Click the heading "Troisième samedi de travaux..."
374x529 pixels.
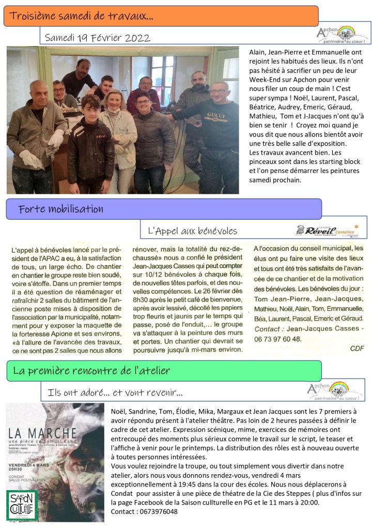[x=81, y=17]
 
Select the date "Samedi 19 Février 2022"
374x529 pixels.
[x=98, y=38]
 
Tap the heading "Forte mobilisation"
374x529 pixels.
[x=60, y=209]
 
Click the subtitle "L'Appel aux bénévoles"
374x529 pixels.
[x=192, y=231]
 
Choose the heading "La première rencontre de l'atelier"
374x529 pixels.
[x=91, y=370]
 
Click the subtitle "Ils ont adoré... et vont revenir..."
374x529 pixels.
[x=114, y=392]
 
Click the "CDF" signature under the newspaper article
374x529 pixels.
[x=357, y=347]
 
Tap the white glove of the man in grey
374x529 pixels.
[x=56, y=139]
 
